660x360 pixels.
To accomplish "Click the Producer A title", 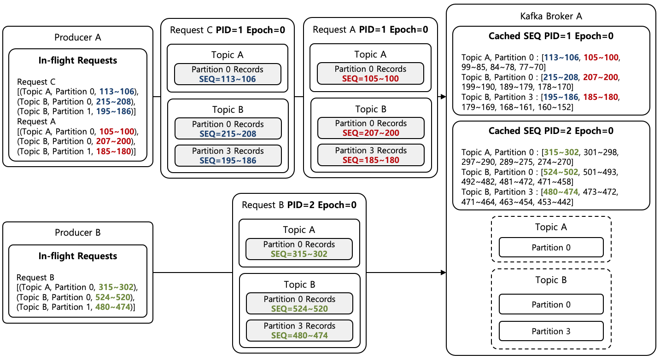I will point(77,37).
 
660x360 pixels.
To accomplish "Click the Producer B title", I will point(77,232).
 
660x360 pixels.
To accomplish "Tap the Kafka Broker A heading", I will point(551,16).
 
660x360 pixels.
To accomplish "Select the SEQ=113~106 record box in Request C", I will point(228,74).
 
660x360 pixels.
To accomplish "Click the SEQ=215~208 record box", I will point(228,128).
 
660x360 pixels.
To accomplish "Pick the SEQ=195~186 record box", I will point(228,155).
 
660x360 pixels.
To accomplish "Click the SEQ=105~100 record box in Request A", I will point(370,74).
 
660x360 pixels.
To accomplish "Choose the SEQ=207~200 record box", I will point(370,128).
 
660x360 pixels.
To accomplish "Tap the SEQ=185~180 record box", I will point(370,155).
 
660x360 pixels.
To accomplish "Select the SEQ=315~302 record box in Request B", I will point(299,249).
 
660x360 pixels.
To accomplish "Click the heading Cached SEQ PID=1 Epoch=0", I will point(551,36).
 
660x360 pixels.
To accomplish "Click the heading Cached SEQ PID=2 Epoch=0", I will point(551,131).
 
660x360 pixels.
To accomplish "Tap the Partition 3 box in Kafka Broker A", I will point(551,331).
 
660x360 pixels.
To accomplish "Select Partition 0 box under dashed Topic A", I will point(551,247).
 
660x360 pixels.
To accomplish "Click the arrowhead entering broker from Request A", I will point(444,97).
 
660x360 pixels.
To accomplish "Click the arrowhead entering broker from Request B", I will point(444,273).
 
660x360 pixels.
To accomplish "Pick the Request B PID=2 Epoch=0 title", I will point(299,205).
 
